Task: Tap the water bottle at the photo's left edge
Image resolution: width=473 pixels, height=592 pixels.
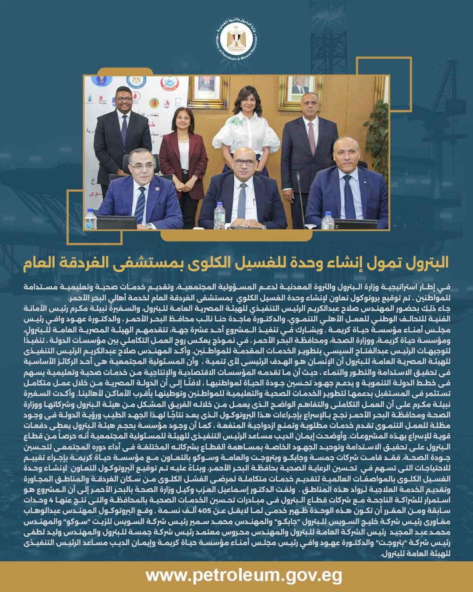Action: tap(91, 219)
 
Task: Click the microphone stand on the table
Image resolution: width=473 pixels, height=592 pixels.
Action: tap(300, 193)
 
